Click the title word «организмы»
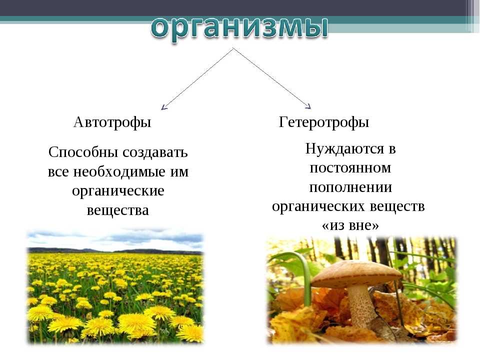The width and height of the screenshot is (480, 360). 239,28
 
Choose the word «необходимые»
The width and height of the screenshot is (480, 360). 119,171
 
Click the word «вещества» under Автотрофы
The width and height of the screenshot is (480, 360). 118,210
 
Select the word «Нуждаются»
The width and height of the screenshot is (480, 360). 344,149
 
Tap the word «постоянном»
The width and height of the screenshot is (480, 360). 350,168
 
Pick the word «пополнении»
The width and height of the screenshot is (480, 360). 350,187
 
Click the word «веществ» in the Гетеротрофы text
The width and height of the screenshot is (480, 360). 397,206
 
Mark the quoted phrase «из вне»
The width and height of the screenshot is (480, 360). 350,225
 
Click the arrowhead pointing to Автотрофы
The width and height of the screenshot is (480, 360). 164,107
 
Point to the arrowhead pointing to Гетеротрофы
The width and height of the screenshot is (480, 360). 308,106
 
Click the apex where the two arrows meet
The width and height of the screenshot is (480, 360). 233,48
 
